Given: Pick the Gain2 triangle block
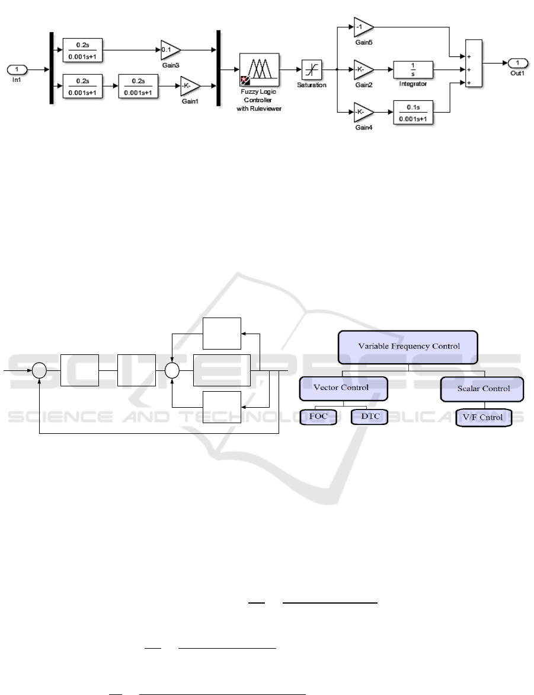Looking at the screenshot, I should (x=363, y=69).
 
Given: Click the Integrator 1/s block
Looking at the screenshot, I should (x=414, y=69).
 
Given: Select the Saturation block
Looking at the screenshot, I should (x=312, y=69).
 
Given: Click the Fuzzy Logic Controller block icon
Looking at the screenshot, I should (x=260, y=69).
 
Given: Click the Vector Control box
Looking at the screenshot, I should (x=344, y=388).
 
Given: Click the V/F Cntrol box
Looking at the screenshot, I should (x=482, y=417).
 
